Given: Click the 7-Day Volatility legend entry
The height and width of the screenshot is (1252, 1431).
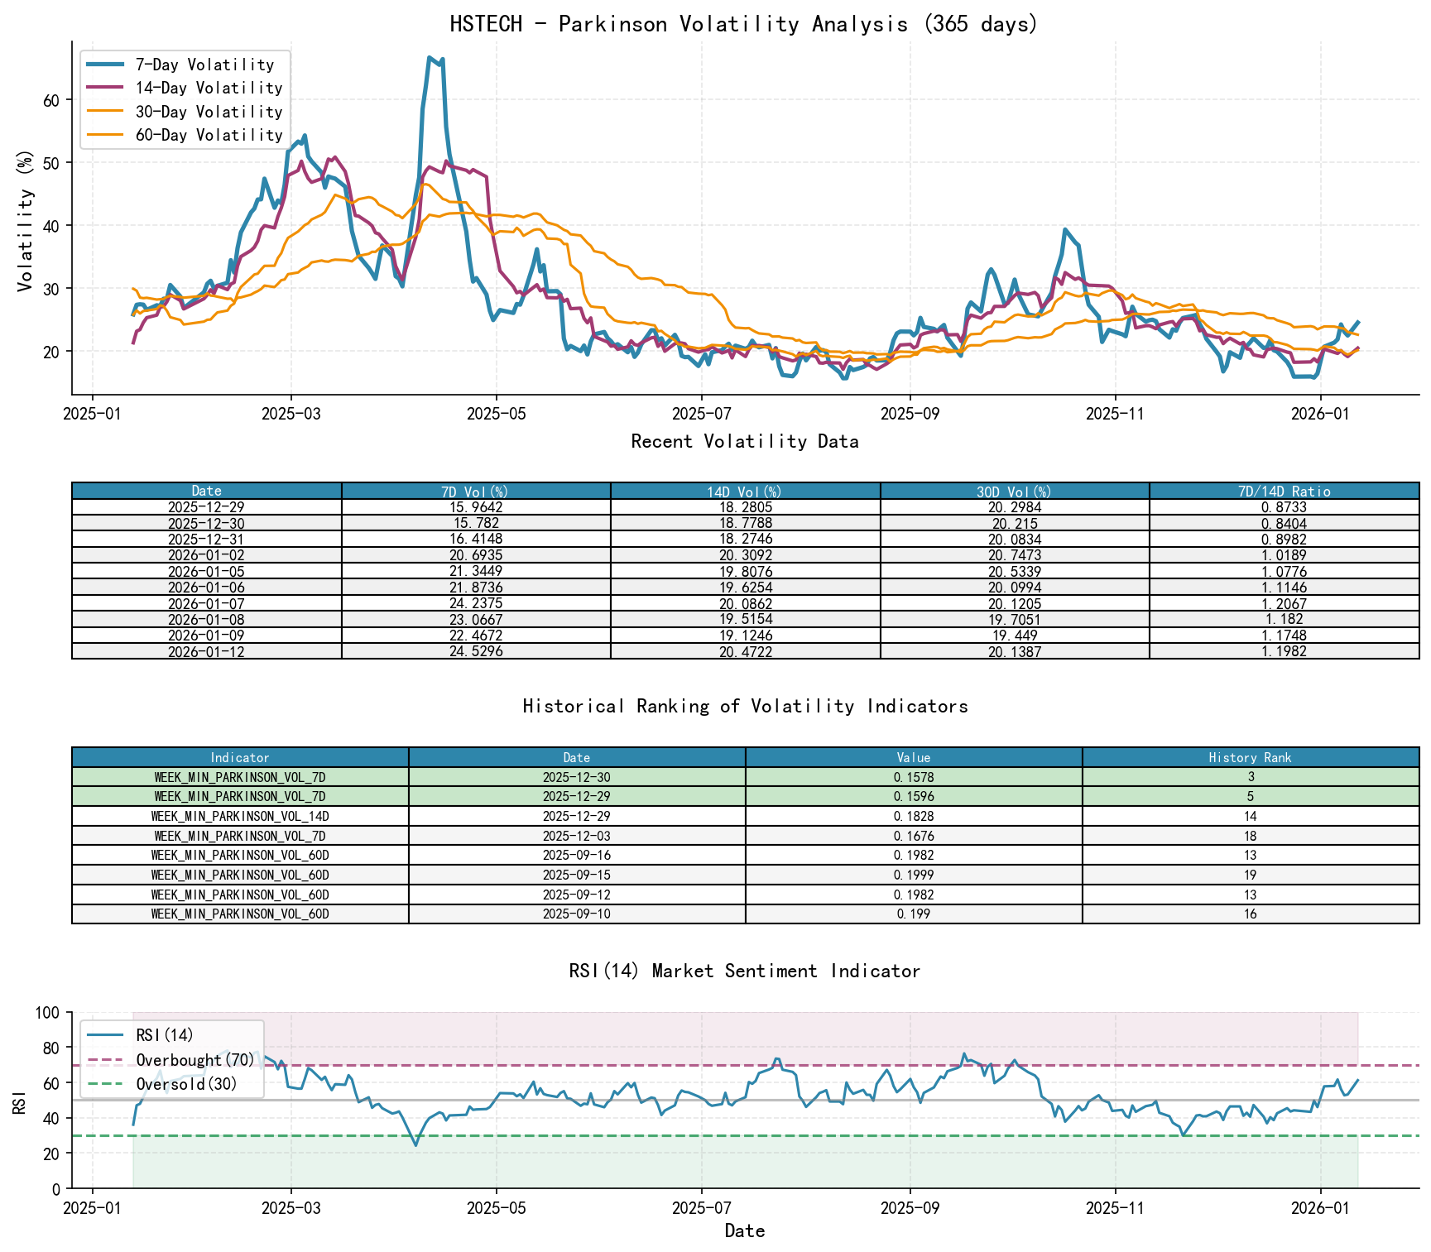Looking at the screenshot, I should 204,65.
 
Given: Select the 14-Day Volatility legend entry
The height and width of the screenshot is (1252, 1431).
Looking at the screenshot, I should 209,88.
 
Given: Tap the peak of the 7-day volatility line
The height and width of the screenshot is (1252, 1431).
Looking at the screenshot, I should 429,57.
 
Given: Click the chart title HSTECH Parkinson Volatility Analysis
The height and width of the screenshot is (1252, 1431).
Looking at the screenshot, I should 744,24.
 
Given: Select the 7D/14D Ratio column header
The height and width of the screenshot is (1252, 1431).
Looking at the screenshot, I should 1284,491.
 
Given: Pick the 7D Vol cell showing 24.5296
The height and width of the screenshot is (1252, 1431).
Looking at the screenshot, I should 476,651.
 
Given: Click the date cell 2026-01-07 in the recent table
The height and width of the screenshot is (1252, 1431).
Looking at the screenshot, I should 206,603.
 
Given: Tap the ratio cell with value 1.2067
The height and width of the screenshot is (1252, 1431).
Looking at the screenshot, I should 1284,603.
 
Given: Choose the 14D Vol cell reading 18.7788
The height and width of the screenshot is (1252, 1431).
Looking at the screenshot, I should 745,523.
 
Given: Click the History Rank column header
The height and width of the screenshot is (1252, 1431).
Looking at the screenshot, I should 1250,757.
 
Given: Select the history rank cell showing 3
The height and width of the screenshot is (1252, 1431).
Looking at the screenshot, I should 1251,777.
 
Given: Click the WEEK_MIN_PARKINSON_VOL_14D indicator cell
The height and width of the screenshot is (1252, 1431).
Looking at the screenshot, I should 240,816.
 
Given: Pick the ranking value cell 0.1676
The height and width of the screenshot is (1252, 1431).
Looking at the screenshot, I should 914,836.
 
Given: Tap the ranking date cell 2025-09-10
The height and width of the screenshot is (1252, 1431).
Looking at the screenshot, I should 577,914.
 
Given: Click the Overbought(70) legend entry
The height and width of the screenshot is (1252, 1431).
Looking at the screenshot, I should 195,1060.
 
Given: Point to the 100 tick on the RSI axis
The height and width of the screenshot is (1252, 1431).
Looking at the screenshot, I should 48,1013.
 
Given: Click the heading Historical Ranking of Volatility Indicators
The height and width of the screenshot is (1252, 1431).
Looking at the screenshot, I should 744,706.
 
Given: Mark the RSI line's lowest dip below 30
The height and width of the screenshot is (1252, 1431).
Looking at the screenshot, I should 415,1145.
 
